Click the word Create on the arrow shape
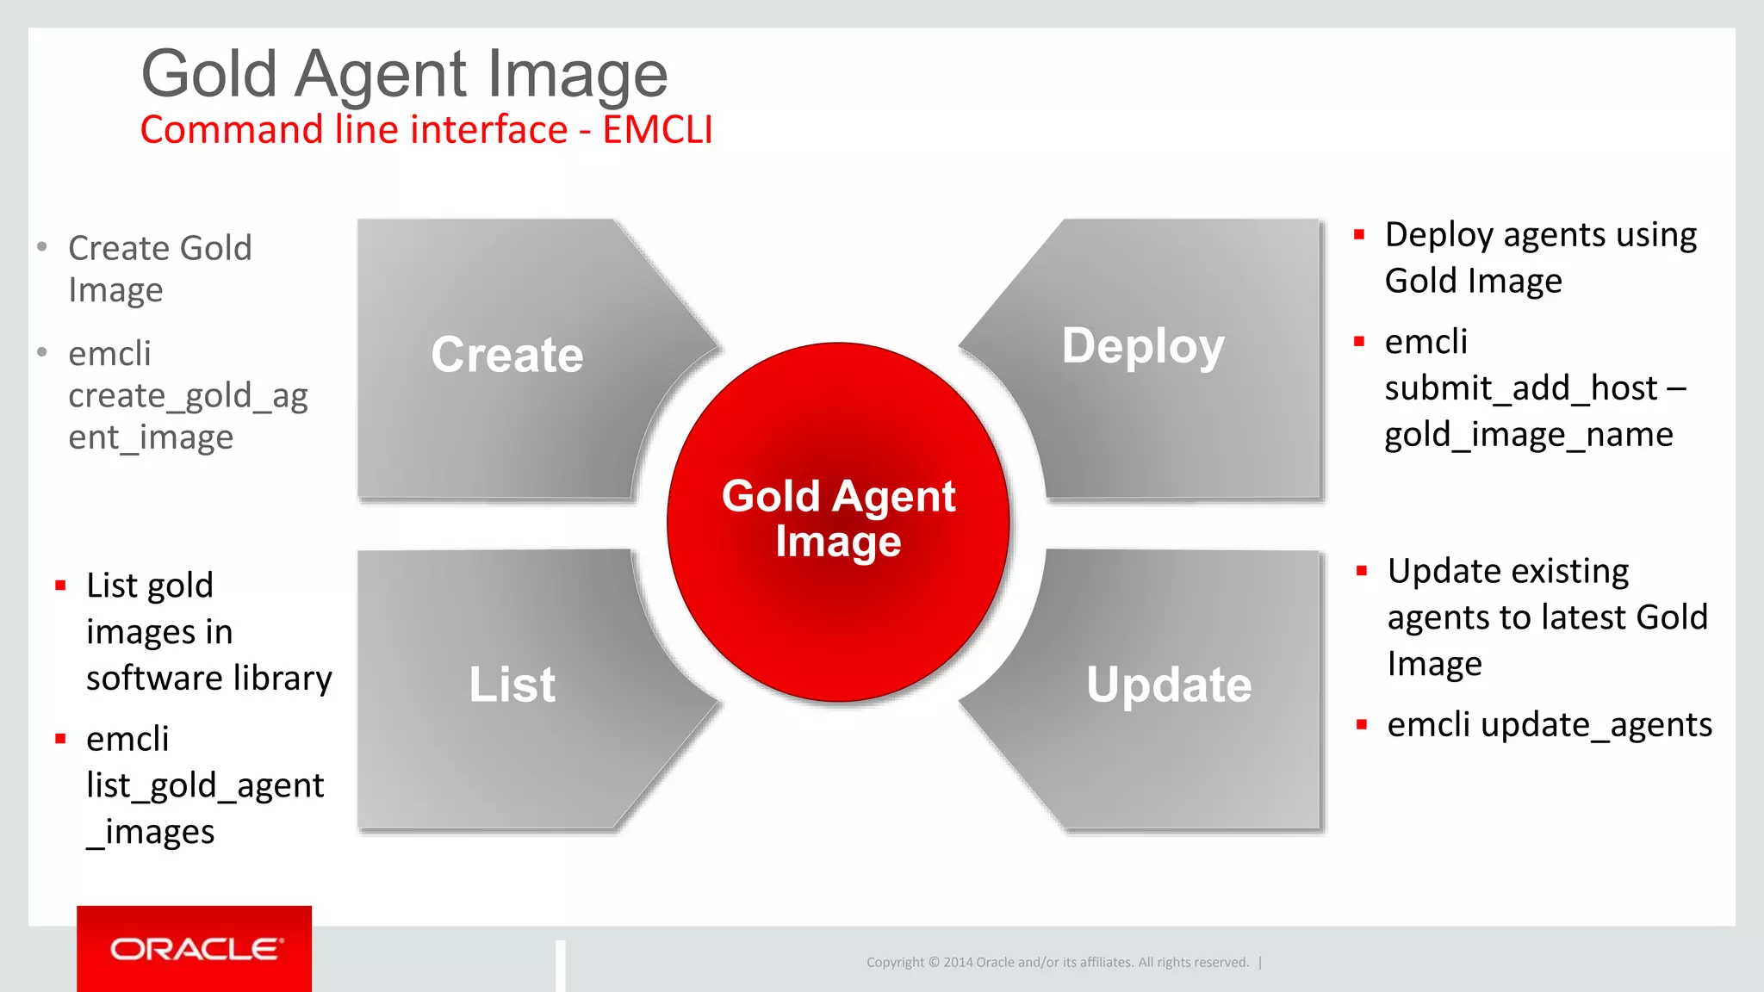[x=506, y=355]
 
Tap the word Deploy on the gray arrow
[x=1142, y=346]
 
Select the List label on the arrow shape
[x=512, y=685]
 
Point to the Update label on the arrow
[x=1168, y=685]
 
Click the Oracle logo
[x=195, y=949]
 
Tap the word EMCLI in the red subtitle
[x=657, y=130]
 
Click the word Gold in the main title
[x=209, y=74]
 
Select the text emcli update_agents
[x=1549, y=725]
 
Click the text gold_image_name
[x=1528, y=435]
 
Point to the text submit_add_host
[x=1520, y=388]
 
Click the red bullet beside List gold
[x=60, y=586]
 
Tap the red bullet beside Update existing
[x=1362, y=571]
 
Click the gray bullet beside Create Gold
[x=42, y=247]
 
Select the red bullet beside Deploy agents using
[x=1359, y=234]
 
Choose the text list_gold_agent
[x=205, y=785]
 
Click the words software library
[x=208, y=679]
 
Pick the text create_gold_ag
[x=188, y=396]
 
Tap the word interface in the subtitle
[x=488, y=130]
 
